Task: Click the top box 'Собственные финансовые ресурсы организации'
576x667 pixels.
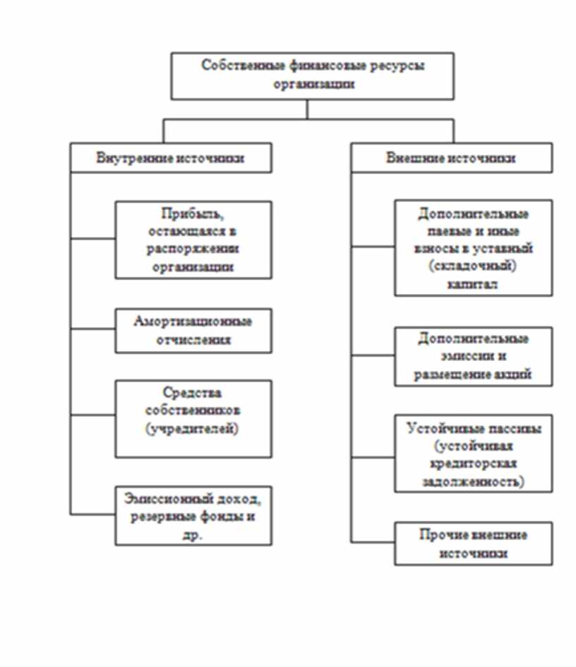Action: (312, 75)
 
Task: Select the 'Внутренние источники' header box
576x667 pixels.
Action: (170, 158)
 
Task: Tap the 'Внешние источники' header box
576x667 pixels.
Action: (451, 158)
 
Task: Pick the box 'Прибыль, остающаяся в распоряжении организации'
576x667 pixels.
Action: (193, 240)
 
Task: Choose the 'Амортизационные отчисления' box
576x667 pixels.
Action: (193, 330)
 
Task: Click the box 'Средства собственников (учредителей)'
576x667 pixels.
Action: (193, 419)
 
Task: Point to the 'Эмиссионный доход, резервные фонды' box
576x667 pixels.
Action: (193, 515)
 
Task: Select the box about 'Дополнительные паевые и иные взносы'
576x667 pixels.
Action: (473, 248)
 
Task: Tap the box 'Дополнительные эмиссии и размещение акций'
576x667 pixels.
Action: (473, 357)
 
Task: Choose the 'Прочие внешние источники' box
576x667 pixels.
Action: (473, 544)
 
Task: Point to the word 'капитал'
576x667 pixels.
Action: (472, 285)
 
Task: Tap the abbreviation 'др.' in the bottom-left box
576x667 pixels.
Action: (193, 534)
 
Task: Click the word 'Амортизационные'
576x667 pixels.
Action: (193, 322)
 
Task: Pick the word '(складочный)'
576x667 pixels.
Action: (473, 267)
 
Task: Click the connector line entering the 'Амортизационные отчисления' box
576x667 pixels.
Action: (92, 330)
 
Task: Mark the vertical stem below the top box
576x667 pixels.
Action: (307, 109)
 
